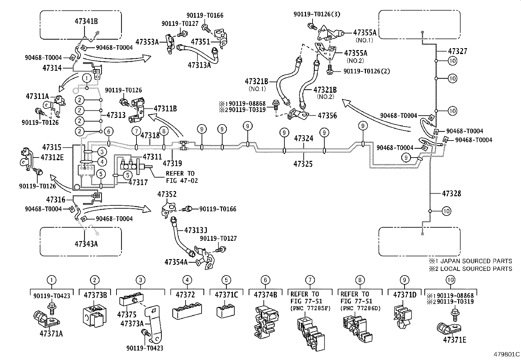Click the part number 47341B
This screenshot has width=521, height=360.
coord(86,22)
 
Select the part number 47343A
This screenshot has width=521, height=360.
coord(86,244)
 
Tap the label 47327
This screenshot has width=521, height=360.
coord(458,51)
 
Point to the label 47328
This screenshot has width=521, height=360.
coord(451,194)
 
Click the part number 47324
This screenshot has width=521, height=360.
coord(303,139)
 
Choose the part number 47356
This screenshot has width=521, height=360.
coord(327,116)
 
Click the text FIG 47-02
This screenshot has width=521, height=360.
coord(182,180)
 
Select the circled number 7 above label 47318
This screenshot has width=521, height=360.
coord(136,131)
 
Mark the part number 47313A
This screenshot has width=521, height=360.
coord(199,65)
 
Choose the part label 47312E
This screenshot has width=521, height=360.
coord(52,157)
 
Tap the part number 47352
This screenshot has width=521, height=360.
coord(167,194)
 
